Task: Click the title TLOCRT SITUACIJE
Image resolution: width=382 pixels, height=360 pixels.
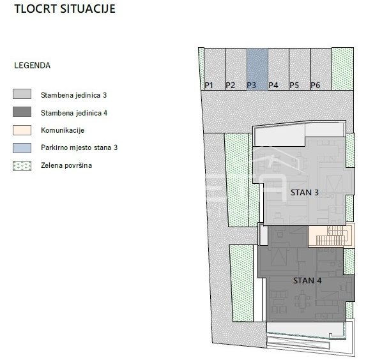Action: (65, 9)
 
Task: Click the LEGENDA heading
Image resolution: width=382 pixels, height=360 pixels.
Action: (33, 66)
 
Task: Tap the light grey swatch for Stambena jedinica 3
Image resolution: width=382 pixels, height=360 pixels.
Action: (22, 94)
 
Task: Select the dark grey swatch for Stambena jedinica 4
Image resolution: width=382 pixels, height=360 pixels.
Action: (22, 112)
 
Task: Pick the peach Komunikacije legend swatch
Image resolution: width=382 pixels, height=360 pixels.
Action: (22, 130)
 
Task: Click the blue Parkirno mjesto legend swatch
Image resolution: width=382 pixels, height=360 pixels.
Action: (22, 148)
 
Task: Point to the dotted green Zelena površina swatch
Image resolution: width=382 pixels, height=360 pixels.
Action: (22, 166)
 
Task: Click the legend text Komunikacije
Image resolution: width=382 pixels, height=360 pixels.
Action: (63, 130)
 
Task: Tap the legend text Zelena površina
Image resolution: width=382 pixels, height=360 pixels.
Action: (66, 165)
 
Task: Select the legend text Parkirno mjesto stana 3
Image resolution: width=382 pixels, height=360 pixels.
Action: (79, 147)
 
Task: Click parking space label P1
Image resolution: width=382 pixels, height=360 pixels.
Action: (209, 85)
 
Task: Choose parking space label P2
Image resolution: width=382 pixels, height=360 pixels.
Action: (230, 85)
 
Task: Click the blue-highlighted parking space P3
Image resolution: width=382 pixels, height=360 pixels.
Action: (257, 69)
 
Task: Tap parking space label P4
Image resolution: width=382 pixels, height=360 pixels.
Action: (273, 85)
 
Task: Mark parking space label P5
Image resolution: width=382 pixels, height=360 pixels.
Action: (294, 85)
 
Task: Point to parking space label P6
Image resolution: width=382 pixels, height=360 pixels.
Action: (316, 85)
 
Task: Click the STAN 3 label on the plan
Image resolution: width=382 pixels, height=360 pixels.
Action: (305, 193)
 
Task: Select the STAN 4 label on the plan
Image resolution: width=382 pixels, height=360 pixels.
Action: (307, 281)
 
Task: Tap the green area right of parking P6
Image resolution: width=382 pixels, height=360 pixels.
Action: (342, 69)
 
